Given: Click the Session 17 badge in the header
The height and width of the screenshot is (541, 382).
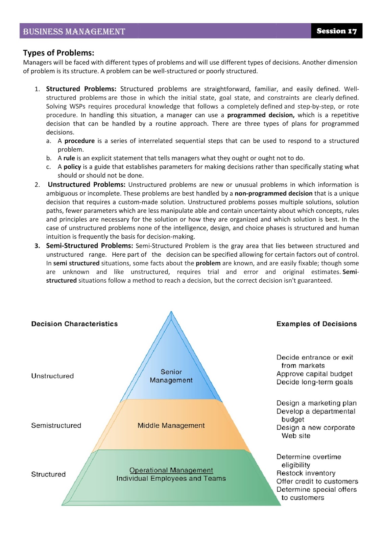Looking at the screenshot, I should [x=336, y=31].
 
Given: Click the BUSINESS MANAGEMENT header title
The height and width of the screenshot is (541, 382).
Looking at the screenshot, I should [x=74, y=32].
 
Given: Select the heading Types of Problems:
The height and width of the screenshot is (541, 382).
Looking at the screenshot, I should [x=58, y=53].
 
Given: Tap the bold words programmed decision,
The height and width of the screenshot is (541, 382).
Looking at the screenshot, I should [x=261, y=115].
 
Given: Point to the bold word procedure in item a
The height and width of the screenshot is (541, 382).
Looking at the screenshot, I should [x=79, y=141].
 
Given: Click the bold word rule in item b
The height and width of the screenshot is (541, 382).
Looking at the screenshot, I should [x=69, y=158].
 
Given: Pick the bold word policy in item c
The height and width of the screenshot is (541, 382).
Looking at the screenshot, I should [x=72, y=167].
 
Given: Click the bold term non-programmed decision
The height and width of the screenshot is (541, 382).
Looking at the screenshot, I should [x=273, y=193].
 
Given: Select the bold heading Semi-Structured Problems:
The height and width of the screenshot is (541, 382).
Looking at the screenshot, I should [x=90, y=246].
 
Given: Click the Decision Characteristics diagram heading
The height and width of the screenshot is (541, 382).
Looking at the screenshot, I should [x=74, y=324].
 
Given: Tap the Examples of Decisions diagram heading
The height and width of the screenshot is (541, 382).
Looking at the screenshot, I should [x=316, y=324].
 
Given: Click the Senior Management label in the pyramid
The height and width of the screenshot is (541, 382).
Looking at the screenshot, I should [x=171, y=376].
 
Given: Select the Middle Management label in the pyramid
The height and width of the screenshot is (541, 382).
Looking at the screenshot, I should [x=171, y=425].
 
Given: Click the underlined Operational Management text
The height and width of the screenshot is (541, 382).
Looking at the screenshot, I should [x=171, y=470].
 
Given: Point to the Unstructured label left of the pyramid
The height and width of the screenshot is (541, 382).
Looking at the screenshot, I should [x=52, y=376].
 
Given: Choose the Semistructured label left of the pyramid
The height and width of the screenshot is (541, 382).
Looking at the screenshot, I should [x=56, y=425].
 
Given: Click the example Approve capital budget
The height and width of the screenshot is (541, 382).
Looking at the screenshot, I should [x=314, y=374].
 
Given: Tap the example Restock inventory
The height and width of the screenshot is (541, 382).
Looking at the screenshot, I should [x=306, y=473].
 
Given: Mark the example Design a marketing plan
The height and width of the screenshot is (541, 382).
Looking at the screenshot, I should [x=316, y=403].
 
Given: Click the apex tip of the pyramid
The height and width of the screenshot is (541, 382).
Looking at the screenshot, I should [x=171, y=312].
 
